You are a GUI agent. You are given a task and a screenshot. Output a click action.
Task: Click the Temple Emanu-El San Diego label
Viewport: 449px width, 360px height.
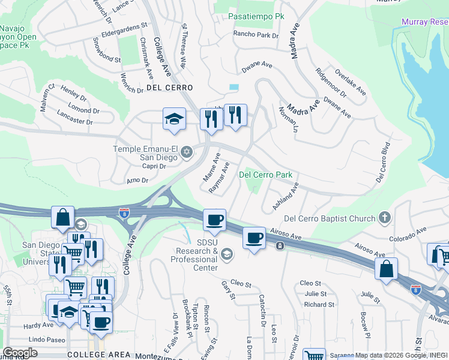point(146,153)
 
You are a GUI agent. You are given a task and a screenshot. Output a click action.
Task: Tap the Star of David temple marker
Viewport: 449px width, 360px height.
point(186,151)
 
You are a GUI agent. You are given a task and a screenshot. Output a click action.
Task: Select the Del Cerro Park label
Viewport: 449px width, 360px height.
point(266,175)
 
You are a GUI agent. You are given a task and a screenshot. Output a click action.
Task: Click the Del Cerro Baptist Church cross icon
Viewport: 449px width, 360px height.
point(385,218)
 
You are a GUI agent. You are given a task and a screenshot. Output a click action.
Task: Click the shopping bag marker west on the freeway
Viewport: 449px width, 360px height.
point(62,217)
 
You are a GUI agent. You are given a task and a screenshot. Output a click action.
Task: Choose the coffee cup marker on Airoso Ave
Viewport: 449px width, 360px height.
point(255,238)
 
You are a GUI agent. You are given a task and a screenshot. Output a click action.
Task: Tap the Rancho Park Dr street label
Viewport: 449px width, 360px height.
point(256,35)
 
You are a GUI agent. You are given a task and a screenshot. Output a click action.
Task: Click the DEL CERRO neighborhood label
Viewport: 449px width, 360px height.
point(169,88)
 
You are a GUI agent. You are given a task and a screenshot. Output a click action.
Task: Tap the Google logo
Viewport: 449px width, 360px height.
point(20,352)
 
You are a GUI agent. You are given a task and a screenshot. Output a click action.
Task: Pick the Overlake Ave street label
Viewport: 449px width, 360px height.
point(351,82)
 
